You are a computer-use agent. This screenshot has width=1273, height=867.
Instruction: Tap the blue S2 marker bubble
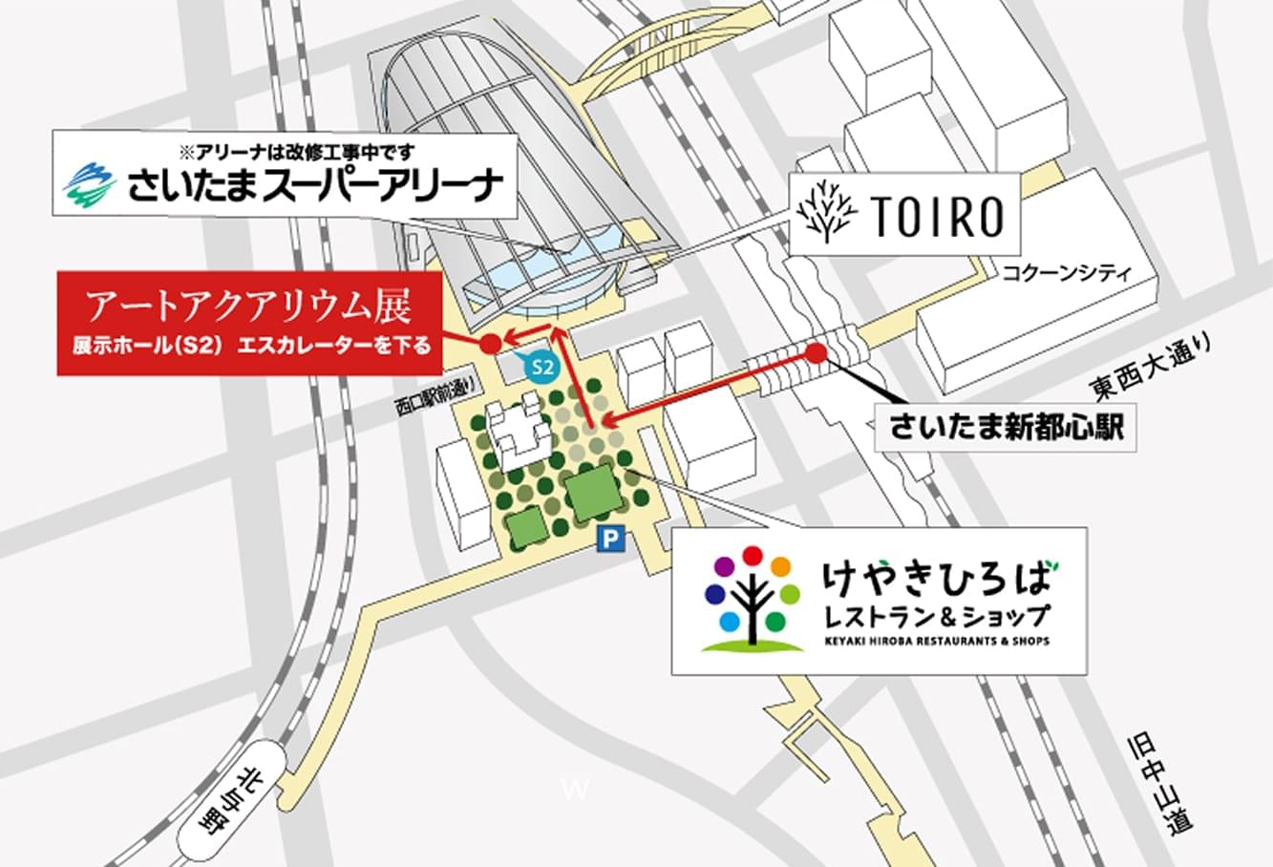click(x=541, y=365)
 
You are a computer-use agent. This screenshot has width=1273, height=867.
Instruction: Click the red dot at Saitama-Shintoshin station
click(x=816, y=352)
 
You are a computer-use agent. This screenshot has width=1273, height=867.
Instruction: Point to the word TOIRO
click(x=937, y=219)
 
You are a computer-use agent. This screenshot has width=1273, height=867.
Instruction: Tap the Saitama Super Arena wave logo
click(x=90, y=186)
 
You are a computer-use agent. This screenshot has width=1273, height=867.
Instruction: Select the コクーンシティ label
click(x=1066, y=273)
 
